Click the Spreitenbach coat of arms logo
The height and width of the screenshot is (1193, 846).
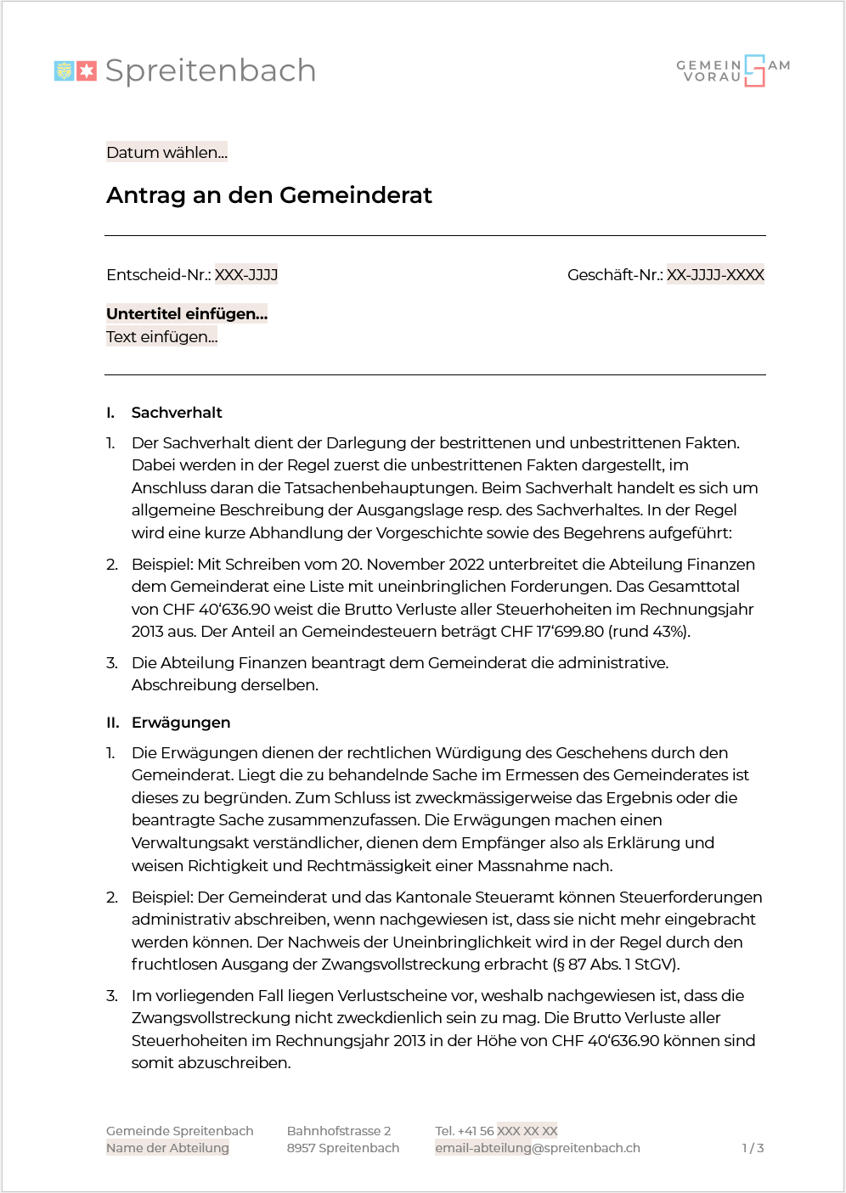tap(75, 70)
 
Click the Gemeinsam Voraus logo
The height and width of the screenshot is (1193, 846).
tap(733, 70)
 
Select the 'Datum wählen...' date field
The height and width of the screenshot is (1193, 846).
tap(166, 153)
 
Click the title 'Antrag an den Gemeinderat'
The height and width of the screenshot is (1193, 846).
tap(268, 195)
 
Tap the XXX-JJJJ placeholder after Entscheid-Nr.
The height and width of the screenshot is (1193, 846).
tap(246, 275)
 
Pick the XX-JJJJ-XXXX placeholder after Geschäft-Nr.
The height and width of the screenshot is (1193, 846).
tap(715, 275)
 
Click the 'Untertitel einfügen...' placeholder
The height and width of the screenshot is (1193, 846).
tap(187, 314)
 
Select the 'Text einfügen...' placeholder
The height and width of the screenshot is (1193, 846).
tap(161, 337)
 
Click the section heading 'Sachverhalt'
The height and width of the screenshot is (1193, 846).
tap(177, 413)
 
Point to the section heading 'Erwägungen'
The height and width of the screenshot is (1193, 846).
tap(181, 723)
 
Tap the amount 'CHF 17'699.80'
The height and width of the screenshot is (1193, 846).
tap(552, 632)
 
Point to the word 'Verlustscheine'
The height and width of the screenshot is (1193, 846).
tap(391, 996)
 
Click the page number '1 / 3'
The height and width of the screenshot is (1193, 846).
tap(753, 1148)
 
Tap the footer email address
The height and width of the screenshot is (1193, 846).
tap(538, 1148)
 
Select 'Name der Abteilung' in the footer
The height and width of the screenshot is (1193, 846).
tap(167, 1148)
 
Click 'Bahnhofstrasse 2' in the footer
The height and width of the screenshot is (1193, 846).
tap(339, 1131)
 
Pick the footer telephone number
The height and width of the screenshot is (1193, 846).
tap(496, 1131)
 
